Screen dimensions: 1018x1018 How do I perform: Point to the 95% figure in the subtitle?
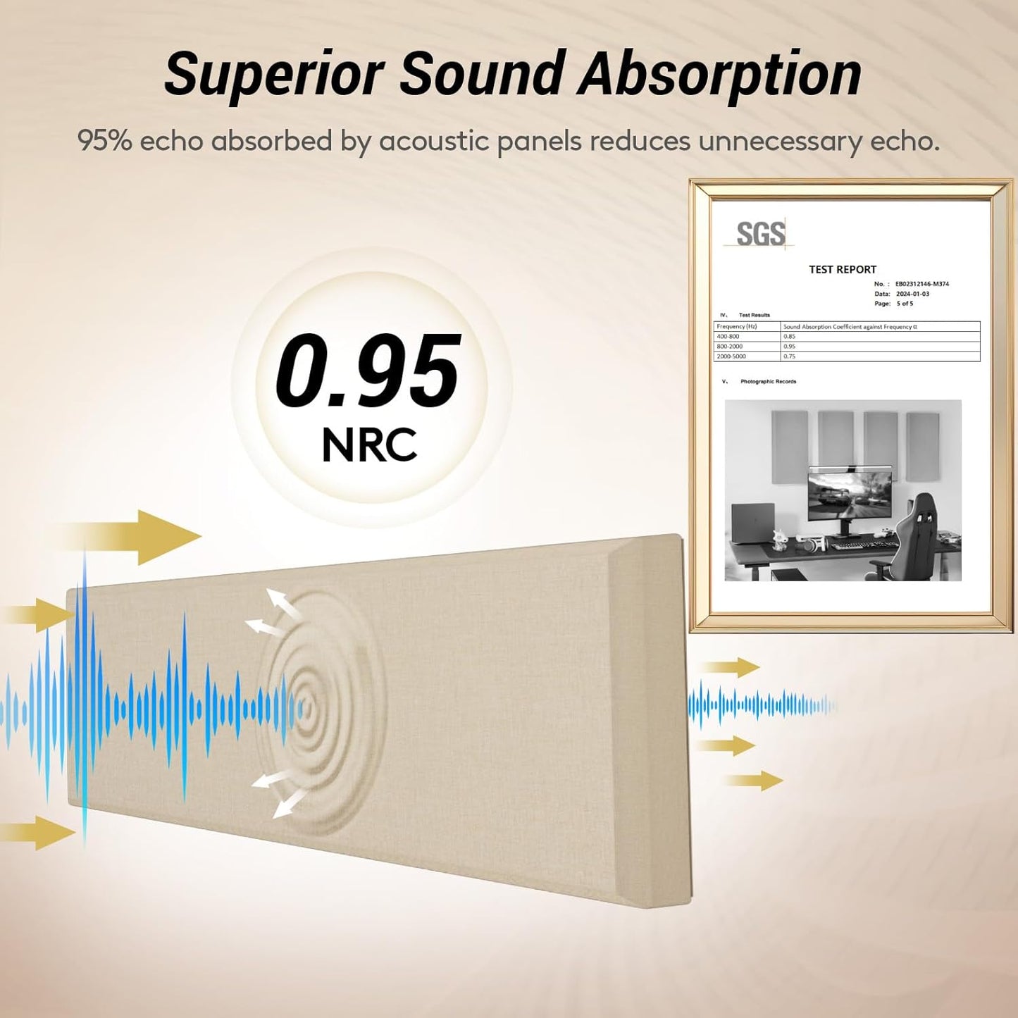pyautogui.click(x=104, y=141)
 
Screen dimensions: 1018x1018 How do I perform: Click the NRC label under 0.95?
pyautogui.click(x=369, y=445)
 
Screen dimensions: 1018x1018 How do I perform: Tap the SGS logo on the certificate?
pyautogui.click(x=760, y=234)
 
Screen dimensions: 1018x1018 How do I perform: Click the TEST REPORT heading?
pyautogui.click(x=842, y=269)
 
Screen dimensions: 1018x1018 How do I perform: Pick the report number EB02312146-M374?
pyautogui.click(x=921, y=284)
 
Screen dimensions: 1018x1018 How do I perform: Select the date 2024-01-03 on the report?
pyautogui.click(x=912, y=294)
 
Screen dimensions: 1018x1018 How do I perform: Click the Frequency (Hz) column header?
pyautogui.click(x=736, y=326)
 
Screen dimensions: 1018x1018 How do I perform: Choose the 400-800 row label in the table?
pyautogui.click(x=728, y=336)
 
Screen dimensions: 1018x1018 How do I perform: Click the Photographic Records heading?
pyautogui.click(x=768, y=381)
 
